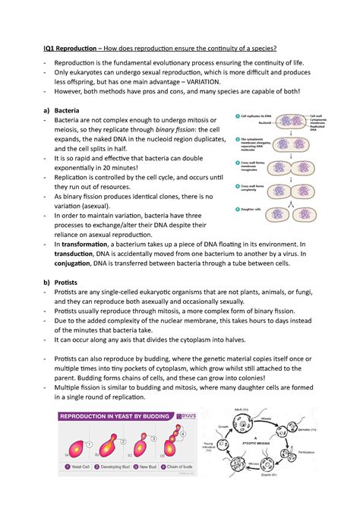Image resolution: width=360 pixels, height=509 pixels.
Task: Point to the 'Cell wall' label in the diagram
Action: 319,115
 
